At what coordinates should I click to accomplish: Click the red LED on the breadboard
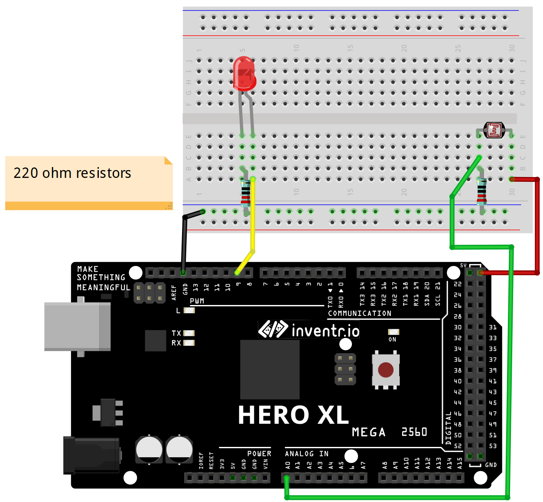point(244,74)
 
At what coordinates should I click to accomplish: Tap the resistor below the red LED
point(246,193)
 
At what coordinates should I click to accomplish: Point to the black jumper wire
point(185,243)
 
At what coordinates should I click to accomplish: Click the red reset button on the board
point(385,370)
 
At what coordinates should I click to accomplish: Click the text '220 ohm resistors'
point(72,173)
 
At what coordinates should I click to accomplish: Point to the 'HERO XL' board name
point(293,415)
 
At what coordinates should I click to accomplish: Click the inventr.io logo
point(309,330)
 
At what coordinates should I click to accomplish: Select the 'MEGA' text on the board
point(368,432)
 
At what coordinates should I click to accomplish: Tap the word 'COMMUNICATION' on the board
point(359,313)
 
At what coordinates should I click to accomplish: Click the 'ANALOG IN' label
point(306,453)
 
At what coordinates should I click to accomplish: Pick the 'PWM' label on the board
point(197,301)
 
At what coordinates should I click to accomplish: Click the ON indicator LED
point(393,332)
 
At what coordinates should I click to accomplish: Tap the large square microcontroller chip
point(270,369)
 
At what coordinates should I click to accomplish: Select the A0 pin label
point(287,466)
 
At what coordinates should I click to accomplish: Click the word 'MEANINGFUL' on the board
point(103,288)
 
